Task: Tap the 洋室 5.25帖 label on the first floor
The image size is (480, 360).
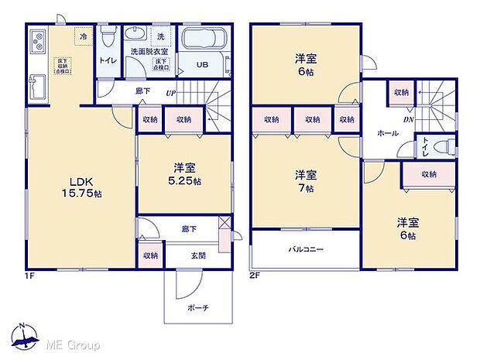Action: coord(186,174)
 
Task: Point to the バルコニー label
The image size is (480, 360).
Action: coord(307,249)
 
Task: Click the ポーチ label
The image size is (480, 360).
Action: coord(197,307)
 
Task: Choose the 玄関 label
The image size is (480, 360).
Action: coord(198,255)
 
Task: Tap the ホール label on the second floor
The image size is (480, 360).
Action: coord(388,133)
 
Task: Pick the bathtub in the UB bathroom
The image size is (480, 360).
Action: coord(203,41)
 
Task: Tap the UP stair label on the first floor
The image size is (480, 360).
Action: coord(170,94)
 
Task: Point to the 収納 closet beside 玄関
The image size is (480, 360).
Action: coord(150,255)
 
